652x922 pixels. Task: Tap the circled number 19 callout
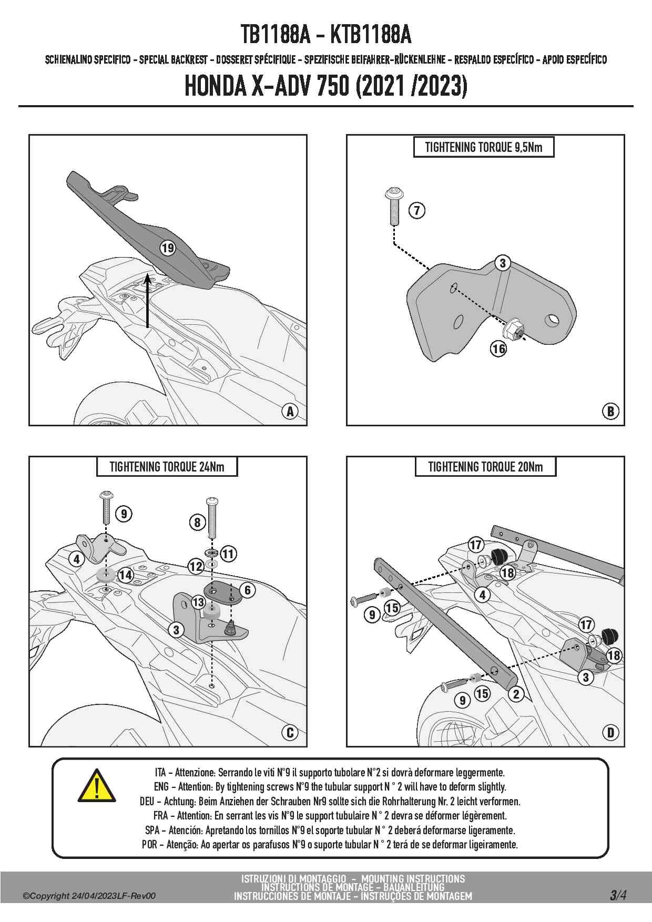(168, 248)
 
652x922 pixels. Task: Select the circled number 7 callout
(417, 210)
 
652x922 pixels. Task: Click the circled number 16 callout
(498, 348)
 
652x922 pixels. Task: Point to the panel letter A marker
(290, 411)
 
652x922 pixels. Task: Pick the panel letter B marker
(610, 411)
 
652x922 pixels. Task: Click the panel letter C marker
(290, 732)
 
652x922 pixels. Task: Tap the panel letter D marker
(610, 732)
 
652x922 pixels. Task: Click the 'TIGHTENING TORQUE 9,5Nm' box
(483, 147)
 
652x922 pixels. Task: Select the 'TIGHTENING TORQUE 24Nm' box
(167, 467)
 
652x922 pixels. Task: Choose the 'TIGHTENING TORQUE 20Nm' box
(485, 467)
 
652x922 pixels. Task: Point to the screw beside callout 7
(394, 206)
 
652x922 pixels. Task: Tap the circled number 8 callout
(197, 522)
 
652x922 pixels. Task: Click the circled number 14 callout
(125, 575)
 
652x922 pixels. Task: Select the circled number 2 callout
(516, 694)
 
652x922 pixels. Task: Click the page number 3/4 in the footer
(618, 895)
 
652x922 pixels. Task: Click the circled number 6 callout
(248, 590)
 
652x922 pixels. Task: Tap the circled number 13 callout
(198, 602)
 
